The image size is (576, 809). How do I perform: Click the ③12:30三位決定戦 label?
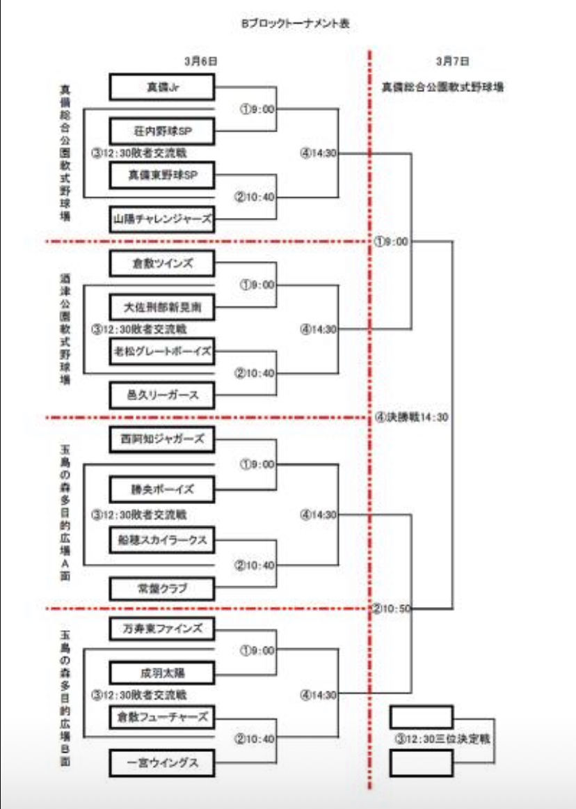[441, 739]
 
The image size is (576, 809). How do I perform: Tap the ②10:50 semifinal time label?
[392, 608]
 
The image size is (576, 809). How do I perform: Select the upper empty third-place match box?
[422, 717]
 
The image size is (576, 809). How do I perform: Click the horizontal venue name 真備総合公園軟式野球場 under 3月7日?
[443, 88]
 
